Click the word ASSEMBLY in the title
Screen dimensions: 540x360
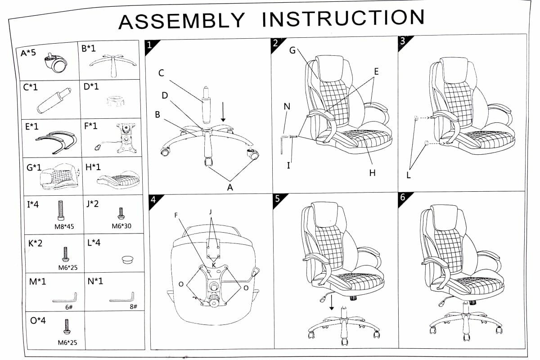point(182,21)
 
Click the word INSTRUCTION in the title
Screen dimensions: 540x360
point(343,18)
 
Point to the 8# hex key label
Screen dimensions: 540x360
point(133,306)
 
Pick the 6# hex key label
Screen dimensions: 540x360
point(69,307)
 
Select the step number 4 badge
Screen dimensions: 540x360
point(153,200)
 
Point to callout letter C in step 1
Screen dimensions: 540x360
point(161,73)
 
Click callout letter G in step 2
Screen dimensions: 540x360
point(292,50)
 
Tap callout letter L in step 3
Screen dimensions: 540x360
point(409,175)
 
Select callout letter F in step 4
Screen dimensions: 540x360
point(177,215)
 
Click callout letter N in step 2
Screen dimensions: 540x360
point(287,106)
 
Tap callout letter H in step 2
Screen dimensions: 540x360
point(372,173)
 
